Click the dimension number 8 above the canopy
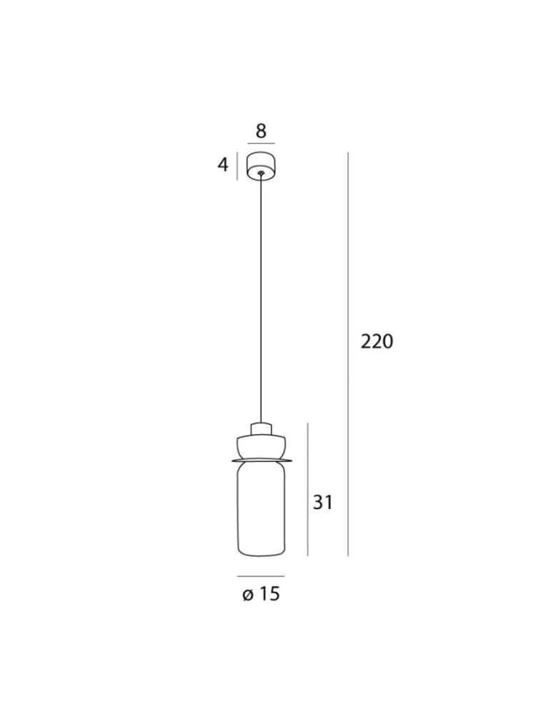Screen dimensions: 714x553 click(261, 131)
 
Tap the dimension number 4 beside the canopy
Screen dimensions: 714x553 click(223, 165)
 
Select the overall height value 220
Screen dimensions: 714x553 click(377, 342)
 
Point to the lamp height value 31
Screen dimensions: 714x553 click(323, 503)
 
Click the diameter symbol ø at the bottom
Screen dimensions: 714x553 click(248, 594)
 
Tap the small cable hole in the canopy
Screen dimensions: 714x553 click(261, 172)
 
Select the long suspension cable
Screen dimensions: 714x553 click(261, 300)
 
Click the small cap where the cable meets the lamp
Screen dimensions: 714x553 click(261, 428)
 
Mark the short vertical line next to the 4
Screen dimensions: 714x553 click(237, 165)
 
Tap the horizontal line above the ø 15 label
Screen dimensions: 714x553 click(261, 575)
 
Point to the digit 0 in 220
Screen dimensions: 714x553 click(387, 342)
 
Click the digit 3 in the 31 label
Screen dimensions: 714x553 click(318, 503)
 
